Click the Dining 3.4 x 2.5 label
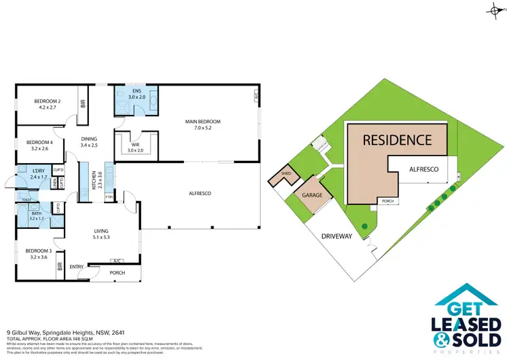[89, 141]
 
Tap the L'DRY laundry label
[38, 173]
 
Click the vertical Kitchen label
[93, 180]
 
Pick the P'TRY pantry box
[109, 198]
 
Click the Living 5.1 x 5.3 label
[101, 234]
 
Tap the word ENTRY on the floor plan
[77, 266]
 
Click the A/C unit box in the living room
[116, 261]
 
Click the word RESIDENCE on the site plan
[397, 141]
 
